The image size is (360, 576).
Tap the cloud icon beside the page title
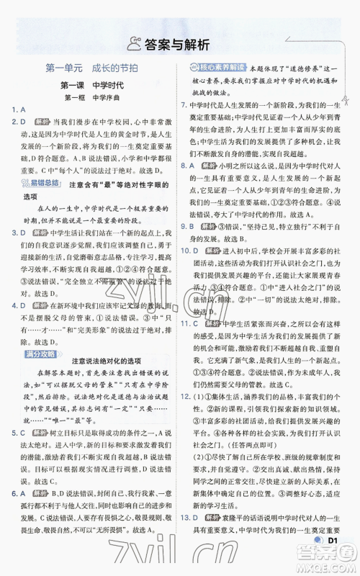click(x=134, y=45)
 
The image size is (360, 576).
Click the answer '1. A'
click(x=19, y=110)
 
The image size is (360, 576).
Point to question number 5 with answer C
click(x=19, y=433)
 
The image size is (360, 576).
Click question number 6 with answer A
click(x=19, y=493)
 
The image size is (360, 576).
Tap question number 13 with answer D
click(x=188, y=536)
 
